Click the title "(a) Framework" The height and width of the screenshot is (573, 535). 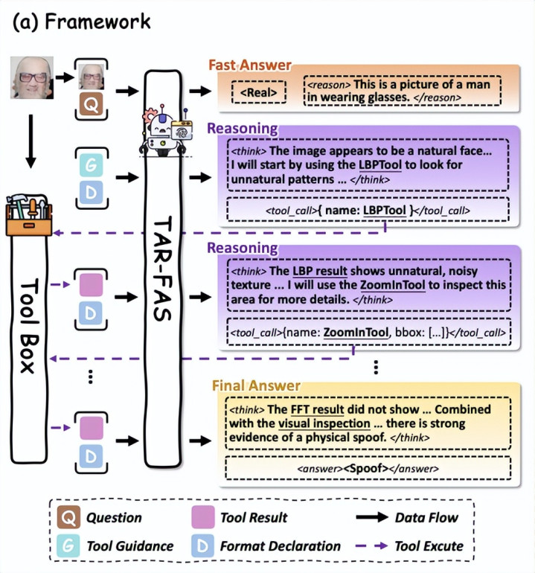point(81,22)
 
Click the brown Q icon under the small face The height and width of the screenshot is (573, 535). point(90,106)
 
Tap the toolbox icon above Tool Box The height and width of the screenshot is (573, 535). point(28,214)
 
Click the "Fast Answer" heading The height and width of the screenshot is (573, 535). point(250,65)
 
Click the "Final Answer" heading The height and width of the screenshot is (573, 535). point(256,385)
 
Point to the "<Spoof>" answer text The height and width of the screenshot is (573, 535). point(369,469)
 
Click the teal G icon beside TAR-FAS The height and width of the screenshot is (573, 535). point(90,162)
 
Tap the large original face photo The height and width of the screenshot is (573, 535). point(32,77)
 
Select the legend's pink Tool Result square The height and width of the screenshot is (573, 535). point(202,517)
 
